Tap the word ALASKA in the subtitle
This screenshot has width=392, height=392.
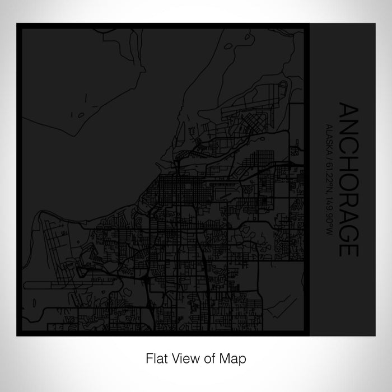point(330,130)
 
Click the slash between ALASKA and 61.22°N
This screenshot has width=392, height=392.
point(330,147)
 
